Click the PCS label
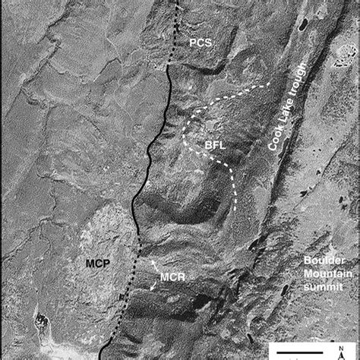201,43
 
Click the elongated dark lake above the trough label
303,25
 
